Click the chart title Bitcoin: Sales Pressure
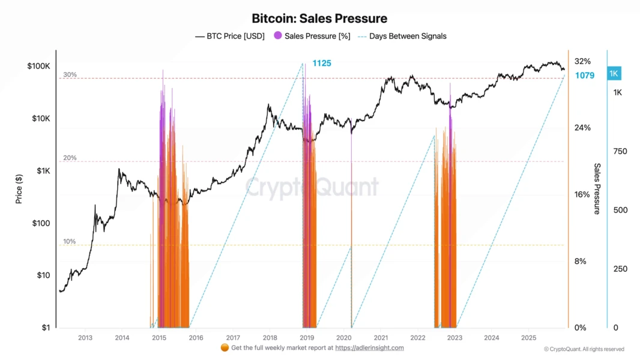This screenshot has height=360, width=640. (x=319, y=19)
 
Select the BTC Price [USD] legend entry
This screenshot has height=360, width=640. (x=230, y=36)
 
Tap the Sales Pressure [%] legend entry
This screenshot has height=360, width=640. (x=312, y=36)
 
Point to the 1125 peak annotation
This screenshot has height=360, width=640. (x=322, y=63)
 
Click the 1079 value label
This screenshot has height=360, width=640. (x=585, y=76)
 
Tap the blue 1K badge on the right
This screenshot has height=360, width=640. (x=614, y=74)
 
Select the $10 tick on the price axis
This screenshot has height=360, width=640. (x=43, y=275)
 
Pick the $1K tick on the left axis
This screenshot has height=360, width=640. (x=43, y=171)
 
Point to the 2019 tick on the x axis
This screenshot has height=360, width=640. (x=307, y=337)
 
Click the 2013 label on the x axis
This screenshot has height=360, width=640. (x=85, y=337)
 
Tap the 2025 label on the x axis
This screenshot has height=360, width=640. (x=528, y=337)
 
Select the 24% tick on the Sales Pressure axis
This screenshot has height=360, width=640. (x=582, y=128)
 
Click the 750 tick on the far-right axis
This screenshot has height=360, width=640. (x=620, y=151)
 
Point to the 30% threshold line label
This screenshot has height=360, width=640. (x=70, y=75)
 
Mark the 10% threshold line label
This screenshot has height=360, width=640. (x=70, y=242)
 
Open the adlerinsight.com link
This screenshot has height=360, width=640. (x=369, y=348)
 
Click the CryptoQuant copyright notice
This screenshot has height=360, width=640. (x=584, y=349)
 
